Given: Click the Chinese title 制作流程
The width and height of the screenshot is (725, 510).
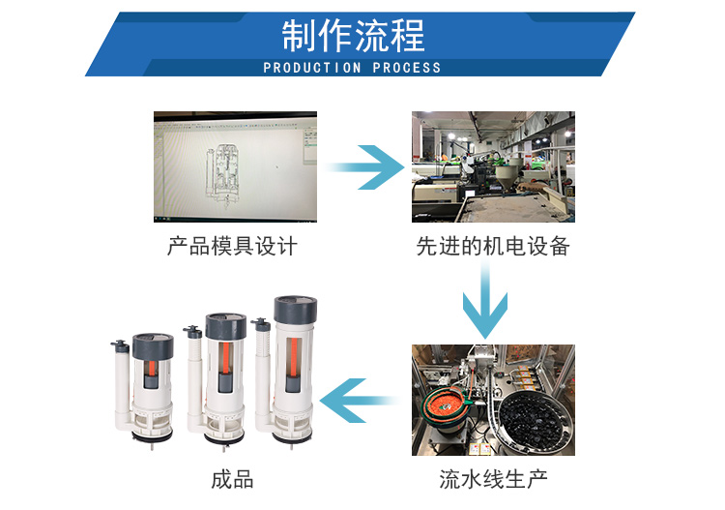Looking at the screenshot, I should pyautogui.click(x=353, y=36).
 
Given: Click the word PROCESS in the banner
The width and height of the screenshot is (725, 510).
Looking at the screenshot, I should pyautogui.click(x=406, y=68).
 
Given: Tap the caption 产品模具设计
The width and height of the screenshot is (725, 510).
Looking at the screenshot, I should pyautogui.click(x=232, y=246).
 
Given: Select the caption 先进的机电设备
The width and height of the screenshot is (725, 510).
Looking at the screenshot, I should pyautogui.click(x=493, y=246).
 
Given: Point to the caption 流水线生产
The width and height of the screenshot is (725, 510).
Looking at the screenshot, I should pyautogui.click(x=493, y=478).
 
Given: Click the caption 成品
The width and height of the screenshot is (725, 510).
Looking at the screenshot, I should pyautogui.click(x=232, y=478).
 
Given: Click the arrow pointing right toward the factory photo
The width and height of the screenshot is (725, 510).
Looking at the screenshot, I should pyautogui.click(x=363, y=167).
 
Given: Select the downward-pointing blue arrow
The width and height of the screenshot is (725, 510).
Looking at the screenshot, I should pyautogui.click(x=485, y=301).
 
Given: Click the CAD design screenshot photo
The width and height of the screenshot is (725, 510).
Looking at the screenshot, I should pyautogui.click(x=235, y=166).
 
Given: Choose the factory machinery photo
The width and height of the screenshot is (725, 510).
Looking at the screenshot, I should pyautogui.click(x=493, y=166).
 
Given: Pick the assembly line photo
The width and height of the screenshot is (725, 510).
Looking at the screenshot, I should pyautogui.click(x=493, y=400).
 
